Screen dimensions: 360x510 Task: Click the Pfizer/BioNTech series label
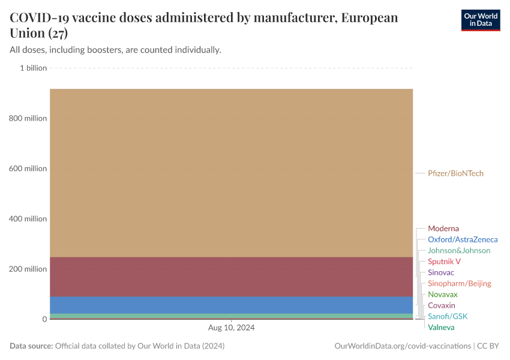click(x=455, y=173)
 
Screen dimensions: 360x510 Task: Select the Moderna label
click(x=443, y=229)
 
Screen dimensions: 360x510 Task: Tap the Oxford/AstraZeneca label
click(x=462, y=239)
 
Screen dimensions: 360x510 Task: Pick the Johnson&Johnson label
click(x=458, y=250)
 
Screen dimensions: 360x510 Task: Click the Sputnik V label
click(x=444, y=262)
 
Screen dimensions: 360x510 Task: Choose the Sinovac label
click(x=440, y=272)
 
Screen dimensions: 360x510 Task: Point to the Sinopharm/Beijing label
click(x=459, y=283)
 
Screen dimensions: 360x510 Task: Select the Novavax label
click(x=442, y=295)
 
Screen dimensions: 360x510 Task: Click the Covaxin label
click(x=441, y=305)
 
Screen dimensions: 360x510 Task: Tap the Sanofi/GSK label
click(x=447, y=316)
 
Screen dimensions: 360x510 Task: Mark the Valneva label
click(x=441, y=328)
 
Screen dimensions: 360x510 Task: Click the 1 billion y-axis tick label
click(x=33, y=68)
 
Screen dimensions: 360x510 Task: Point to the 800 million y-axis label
click(x=28, y=118)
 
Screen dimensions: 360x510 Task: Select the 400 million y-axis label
click(x=28, y=219)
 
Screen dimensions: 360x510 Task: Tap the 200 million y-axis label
click(x=28, y=269)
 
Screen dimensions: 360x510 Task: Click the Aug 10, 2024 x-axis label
click(x=231, y=328)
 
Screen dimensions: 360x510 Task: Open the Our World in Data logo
click(x=480, y=20)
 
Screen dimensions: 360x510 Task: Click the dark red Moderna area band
click(x=231, y=277)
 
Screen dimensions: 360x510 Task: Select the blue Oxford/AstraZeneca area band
click(x=231, y=305)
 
